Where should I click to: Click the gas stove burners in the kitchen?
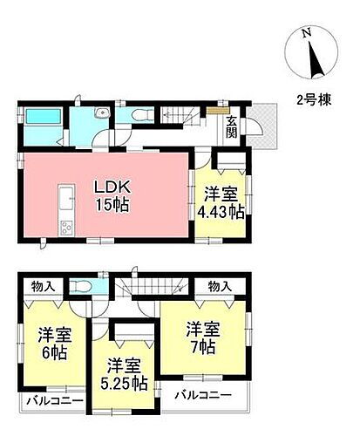point(67,228)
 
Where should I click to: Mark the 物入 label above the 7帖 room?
point(219,284)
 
